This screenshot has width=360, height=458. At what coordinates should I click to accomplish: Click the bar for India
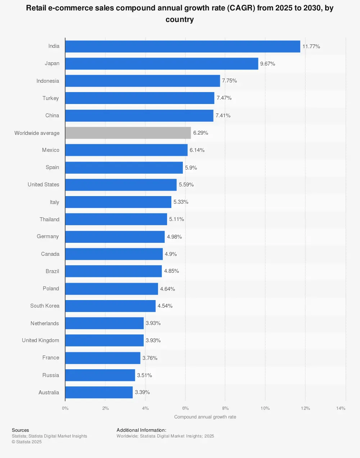(x=183, y=46)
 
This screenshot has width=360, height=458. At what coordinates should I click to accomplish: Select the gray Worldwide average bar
(x=128, y=133)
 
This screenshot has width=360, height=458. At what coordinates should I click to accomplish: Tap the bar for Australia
(x=99, y=392)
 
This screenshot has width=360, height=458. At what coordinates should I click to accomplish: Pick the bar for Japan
(x=162, y=64)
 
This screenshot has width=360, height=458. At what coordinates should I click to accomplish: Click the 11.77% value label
(x=311, y=46)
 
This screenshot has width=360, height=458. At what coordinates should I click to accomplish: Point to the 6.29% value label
(x=201, y=133)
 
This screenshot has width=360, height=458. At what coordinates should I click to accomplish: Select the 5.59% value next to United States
(x=186, y=185)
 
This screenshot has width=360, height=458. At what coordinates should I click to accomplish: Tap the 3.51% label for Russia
(x=144, y=375)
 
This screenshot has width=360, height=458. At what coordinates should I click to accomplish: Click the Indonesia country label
(x=48, y=81)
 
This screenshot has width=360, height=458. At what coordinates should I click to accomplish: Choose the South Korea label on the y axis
(x=45, y=306)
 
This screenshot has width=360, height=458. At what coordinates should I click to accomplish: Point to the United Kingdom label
(x=40, y=340)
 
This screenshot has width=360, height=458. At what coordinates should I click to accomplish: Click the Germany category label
(x=48, y=236)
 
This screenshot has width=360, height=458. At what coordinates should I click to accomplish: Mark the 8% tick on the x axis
(x=225, y=408)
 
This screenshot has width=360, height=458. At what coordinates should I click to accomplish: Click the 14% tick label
(x=341, y=408)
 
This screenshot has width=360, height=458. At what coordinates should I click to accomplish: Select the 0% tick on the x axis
(x=65, y=408)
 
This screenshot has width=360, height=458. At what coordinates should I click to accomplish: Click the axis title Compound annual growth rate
(x=205, y=417)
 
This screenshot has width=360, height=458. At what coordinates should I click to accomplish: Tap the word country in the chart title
(x=180, y=20)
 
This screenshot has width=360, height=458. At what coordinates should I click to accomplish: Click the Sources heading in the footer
(x=21, y=430)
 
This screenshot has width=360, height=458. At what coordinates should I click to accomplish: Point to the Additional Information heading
(x=141, y=430)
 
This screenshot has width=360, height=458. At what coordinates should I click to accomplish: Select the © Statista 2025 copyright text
(x=27, y=442)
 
